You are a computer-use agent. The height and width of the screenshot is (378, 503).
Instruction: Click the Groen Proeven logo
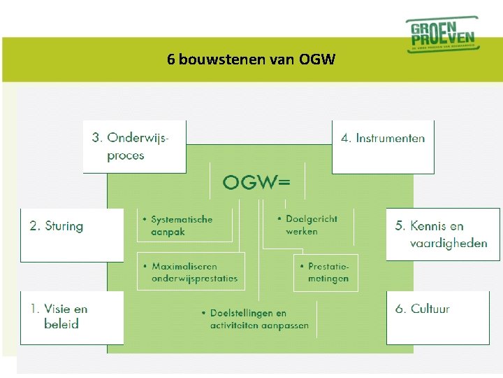[442, 34]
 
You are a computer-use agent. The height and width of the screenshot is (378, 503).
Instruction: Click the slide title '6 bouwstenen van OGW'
[251, 59]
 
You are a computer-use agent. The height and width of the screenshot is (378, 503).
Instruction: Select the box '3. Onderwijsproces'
[134, 146]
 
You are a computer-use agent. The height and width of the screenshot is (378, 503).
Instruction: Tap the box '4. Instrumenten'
[383, 146]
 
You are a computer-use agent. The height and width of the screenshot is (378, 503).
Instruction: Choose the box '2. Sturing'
[71, 234]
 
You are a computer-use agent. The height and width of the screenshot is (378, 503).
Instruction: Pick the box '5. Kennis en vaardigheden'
[443, 234]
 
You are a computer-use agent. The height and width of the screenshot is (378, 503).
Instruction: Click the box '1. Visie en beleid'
[71, 317]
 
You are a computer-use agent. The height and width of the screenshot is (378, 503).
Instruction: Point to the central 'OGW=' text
[256, 183]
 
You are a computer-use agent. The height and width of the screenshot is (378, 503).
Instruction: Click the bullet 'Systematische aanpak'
[184, 225]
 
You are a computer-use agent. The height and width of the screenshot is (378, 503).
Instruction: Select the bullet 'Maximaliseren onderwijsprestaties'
[191, 272]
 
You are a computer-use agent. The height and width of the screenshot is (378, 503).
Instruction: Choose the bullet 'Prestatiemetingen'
[326, 272]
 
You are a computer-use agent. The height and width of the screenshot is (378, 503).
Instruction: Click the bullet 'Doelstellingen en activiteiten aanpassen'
[256, 319]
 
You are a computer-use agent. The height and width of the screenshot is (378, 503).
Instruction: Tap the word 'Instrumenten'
[390, 138]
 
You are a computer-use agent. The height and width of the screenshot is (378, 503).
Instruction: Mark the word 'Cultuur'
[430, 309]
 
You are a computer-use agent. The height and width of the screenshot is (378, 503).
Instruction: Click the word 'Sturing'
[64, 226]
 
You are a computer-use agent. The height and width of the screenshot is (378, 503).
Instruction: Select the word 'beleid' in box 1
[61, 324]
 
